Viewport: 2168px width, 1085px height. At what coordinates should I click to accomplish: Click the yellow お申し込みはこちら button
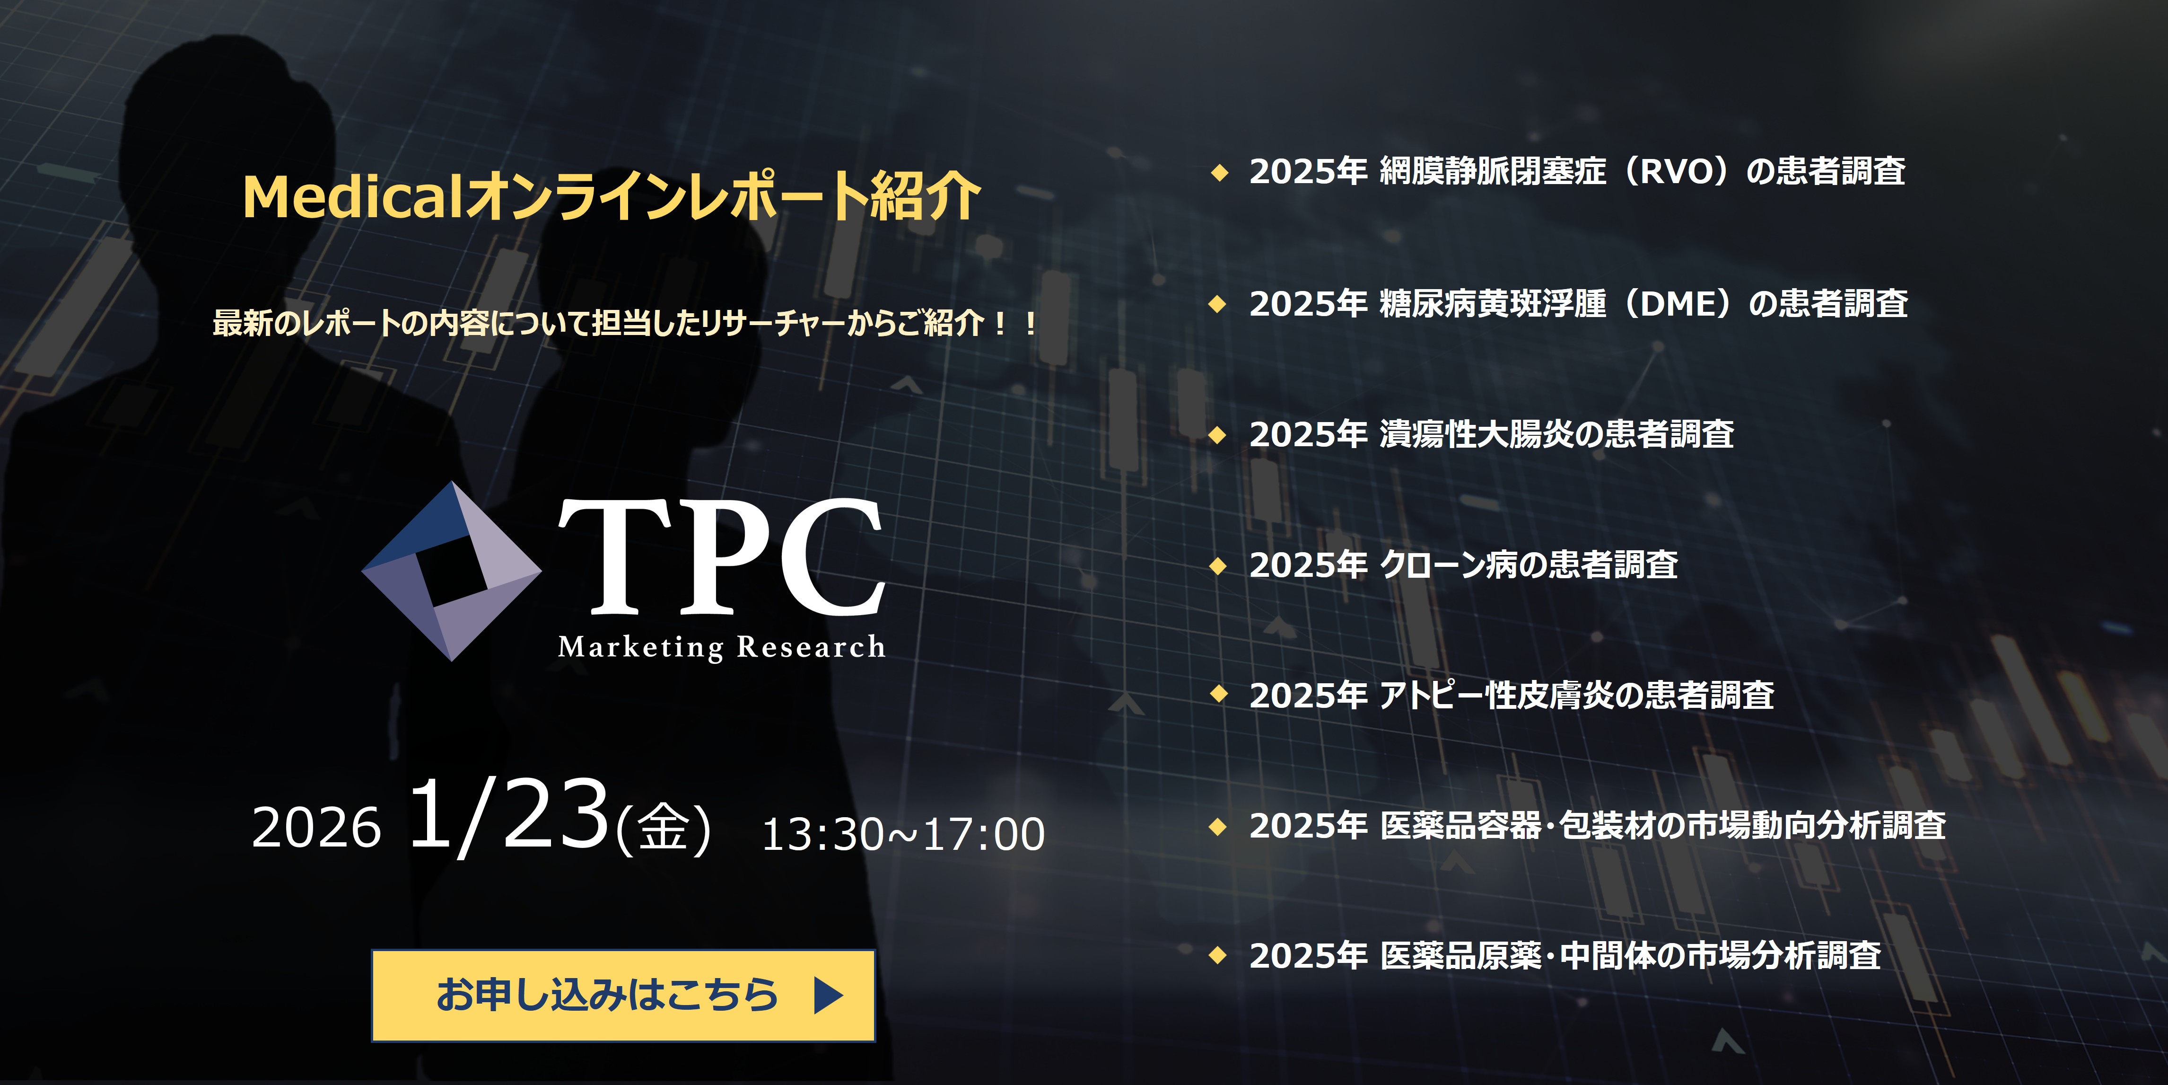pyautogui.click(x=623, y=995)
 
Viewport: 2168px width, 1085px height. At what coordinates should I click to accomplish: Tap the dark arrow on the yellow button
pyautogui.click(x=828, y=995)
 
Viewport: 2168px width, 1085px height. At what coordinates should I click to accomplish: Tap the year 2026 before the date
pyautogui.click(x=316, y=828)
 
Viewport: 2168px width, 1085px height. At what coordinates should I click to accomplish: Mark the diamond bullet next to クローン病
pyautogui.click(x=1218, y=565)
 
